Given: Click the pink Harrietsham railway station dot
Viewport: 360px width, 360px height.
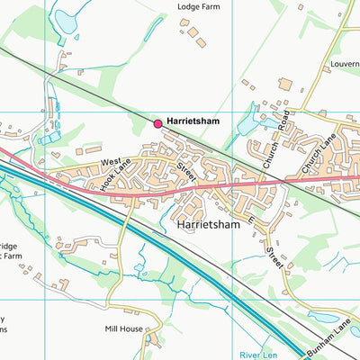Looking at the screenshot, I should point(157,123).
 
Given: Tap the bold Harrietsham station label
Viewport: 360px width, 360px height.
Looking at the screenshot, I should point(193,121).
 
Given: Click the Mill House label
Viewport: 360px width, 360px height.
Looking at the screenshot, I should point(123,330).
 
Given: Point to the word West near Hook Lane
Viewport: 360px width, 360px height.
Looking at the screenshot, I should point(111,162).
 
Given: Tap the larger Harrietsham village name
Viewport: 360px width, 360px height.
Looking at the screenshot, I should point(209,224).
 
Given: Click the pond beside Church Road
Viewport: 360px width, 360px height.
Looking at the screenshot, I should point(247,121).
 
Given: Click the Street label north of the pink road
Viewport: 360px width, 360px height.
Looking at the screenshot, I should point(185,168).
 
